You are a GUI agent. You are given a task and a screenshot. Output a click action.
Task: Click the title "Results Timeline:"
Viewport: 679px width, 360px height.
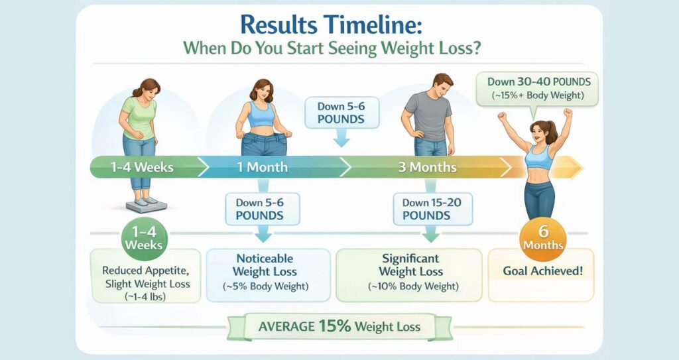pos(329,25)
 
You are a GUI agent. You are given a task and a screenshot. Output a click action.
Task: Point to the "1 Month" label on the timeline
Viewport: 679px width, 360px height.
pos(262,167)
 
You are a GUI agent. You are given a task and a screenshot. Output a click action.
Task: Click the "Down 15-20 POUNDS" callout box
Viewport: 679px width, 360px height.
pos(426,209)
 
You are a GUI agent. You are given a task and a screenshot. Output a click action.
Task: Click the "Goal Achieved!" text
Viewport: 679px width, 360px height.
pos(543,270)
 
